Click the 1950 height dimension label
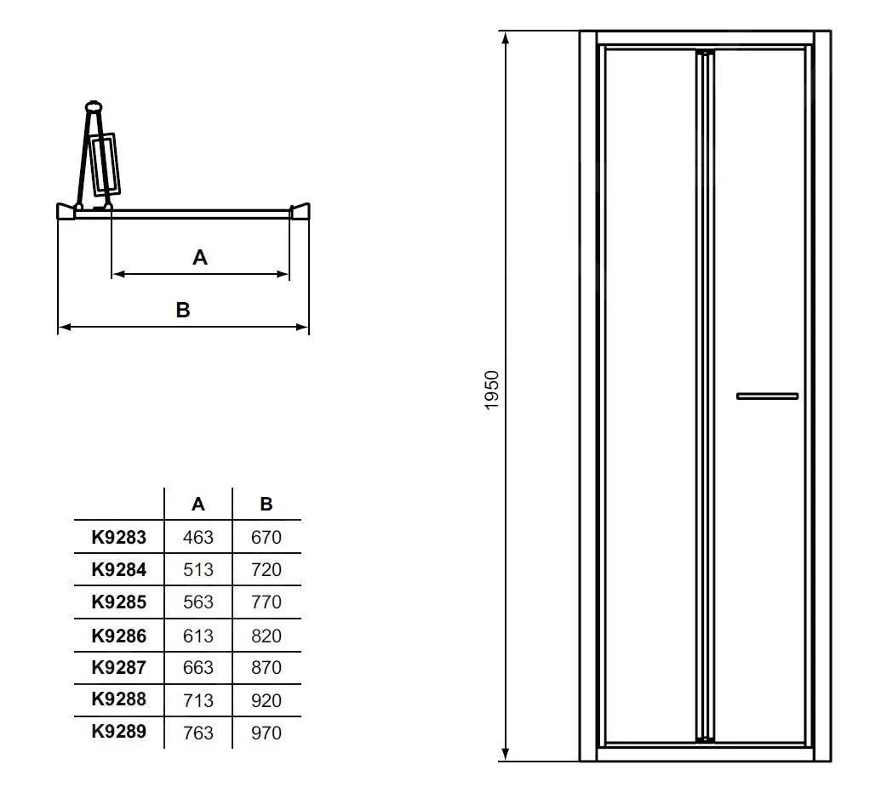pos(492,391)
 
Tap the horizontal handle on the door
pos(767,396)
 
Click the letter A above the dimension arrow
pos(200,257)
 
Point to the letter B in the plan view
pos(183,311)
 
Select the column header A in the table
pos(198,504)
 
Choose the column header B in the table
pos(266,504)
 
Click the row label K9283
pos(119,537)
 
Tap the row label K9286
pos(119,635)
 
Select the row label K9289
pos(119,732)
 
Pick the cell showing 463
pos(198,537)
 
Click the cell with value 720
pos(266,569)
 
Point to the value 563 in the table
pos(198,602)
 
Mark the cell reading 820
pos(266,635)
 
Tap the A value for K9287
pos(198,668)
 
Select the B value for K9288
pos(266,700)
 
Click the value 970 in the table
pos(266,733)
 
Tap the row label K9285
pos(119,602)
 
